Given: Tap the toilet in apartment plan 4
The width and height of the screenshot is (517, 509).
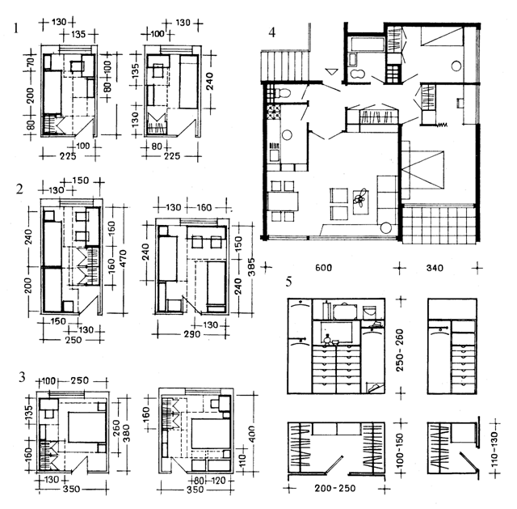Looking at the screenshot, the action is pyautogui.click(x=273, y=95).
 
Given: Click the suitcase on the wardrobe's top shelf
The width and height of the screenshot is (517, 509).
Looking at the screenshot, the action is pyautogui.click(x=343, y=308).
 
